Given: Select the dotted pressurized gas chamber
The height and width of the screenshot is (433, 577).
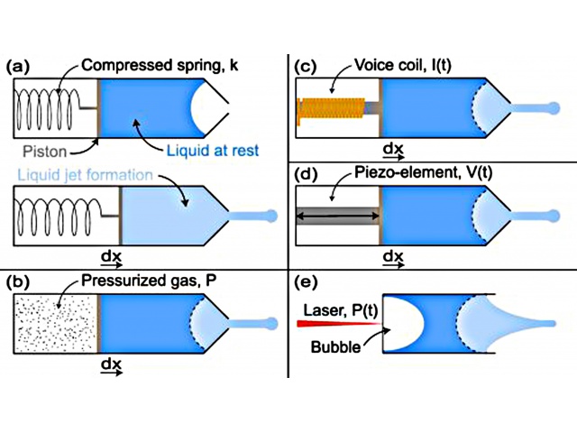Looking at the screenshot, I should (55, 324).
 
